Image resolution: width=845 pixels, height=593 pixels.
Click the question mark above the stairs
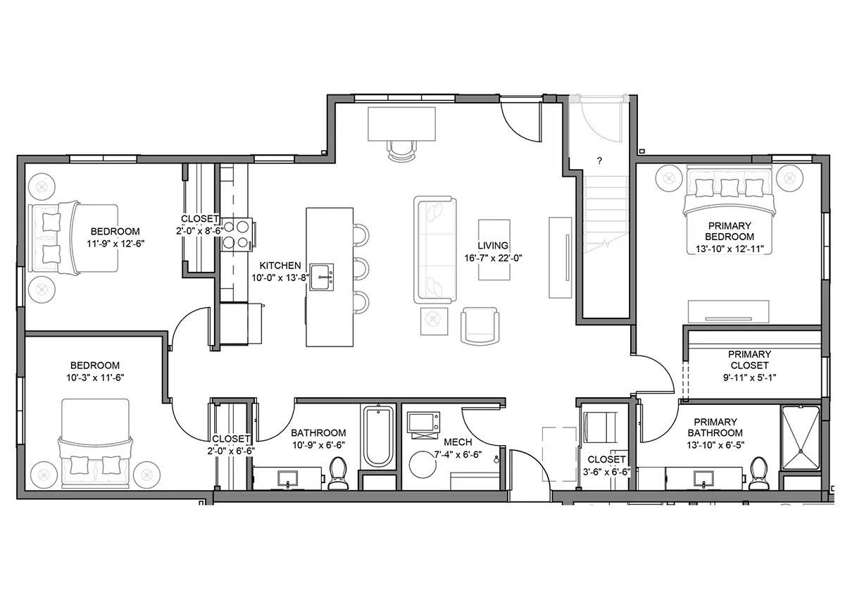coord(599,161)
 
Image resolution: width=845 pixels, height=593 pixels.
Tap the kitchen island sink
coord(322,277)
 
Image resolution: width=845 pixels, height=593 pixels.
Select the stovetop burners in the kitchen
coord(237,235)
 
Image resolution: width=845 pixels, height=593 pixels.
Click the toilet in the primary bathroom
coord(758,473)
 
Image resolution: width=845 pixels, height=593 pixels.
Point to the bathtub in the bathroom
coord(378,436)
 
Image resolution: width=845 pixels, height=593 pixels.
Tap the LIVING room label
coord(493,246)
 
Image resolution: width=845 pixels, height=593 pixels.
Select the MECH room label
coord(458,442)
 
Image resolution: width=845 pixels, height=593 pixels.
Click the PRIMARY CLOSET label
coord(749,360)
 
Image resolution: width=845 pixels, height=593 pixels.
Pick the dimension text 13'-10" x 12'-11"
coord(730,249)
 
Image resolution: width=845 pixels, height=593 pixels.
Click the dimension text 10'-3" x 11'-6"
coord(96,377)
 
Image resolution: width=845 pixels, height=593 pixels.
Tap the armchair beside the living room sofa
coord(480,325)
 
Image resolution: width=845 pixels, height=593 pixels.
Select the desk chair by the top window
coord(401,151)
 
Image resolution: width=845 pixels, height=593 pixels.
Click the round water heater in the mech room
coord(423,465)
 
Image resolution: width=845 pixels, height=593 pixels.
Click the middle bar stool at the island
coord(361,268)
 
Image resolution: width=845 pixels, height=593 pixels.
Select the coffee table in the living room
coord(494,250)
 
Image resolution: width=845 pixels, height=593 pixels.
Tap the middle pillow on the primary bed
coord(730,187)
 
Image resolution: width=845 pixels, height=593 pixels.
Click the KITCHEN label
coord(280,266)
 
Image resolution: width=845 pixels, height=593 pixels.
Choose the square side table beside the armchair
coord(434,321)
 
